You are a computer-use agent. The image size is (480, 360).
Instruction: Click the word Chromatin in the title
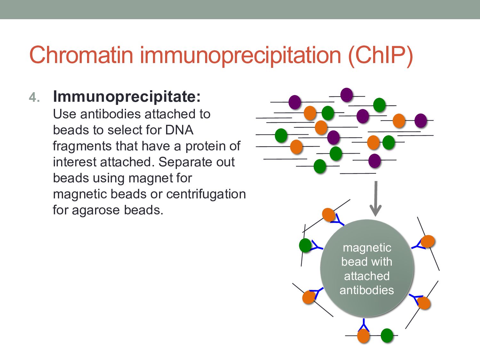point(81,55)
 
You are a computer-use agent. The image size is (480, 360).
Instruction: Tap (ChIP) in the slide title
point(380,55)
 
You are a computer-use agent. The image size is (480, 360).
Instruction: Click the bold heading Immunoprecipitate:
point(127,96)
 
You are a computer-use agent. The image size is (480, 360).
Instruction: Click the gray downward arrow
point(376,198)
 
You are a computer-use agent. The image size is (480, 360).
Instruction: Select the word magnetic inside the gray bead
point(367,248)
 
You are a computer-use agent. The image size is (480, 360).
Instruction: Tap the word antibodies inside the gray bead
point(367,290)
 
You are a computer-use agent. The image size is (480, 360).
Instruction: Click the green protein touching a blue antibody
point(305,245)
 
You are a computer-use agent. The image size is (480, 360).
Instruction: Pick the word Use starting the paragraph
point(65,114)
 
